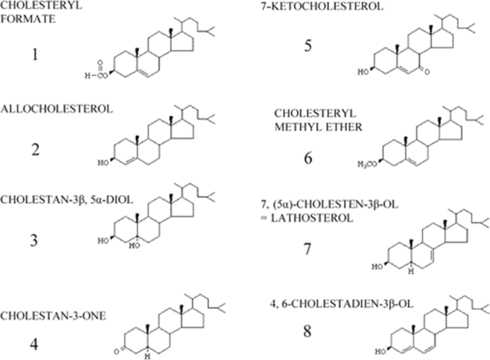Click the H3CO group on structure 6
(366, 164)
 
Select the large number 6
(307, 157)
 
